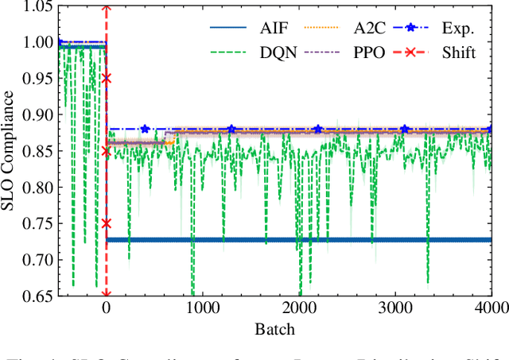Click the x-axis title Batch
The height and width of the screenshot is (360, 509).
pos(275,328)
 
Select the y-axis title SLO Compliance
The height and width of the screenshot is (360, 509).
pos(10,151)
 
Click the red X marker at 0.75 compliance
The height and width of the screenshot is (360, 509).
pos(107,223)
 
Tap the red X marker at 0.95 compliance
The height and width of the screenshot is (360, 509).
pos(107,79)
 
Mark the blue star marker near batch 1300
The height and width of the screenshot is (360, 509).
pos(231,129)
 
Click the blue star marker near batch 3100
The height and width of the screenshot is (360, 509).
pos(405,129)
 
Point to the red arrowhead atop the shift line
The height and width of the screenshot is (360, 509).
pos(107,11)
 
